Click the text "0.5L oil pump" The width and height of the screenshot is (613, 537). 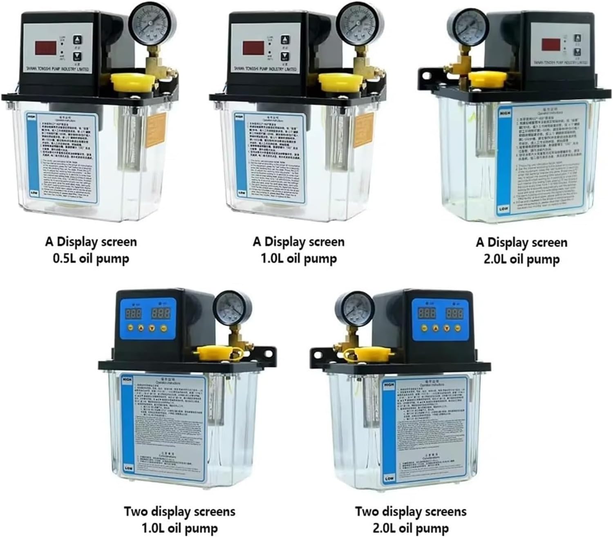click(91, 259)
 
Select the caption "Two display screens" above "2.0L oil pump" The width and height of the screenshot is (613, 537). click(410, 511)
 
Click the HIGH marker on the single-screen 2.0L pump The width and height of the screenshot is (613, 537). click(503, 111)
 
